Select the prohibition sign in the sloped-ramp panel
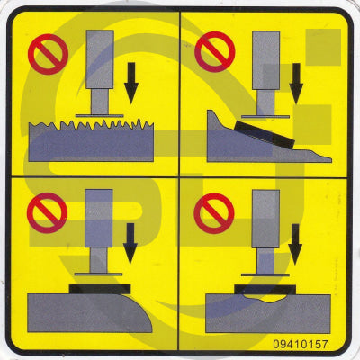pyautogui.click(x=214, y=52)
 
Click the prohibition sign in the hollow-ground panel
pyautogui.click(x=214, y=213)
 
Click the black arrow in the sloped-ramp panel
pyautogui.click(x=296, y=83)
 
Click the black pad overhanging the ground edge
pyautogui.click(x=99, y=289)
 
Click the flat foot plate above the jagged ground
pyautogui.click(x=98, y=115)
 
